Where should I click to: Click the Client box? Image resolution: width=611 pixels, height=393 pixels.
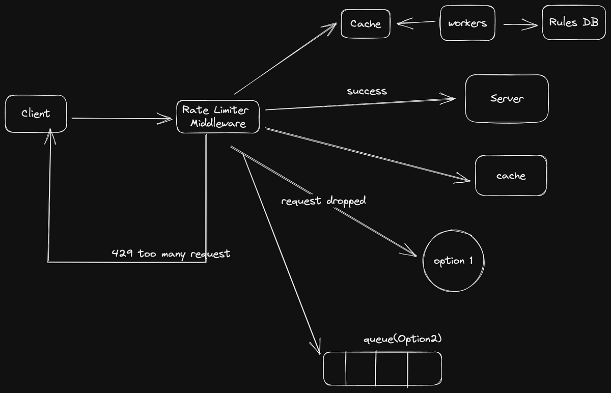click(x=36, y=114)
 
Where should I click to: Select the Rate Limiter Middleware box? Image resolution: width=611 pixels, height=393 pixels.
click(x=217, y=117)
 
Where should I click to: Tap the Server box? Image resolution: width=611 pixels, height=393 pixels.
click(x=507, y=98)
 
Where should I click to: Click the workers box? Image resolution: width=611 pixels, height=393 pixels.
click(x=467, y=23)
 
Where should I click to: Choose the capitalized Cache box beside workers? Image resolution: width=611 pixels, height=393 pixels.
click(x=366, y=23)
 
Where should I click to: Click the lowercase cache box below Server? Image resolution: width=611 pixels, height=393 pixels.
click(x=511, y=176)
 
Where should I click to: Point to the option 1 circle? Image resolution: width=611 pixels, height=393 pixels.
click(x=453, y=261)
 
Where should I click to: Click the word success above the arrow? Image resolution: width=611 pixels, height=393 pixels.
click(x=367, y=91)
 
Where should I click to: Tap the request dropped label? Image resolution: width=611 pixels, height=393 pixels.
click(x=323, y=201)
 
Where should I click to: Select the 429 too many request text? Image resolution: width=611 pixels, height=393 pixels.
click(x=171, y=253)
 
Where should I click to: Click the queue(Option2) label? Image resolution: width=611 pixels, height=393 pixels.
click(x=402, y=340)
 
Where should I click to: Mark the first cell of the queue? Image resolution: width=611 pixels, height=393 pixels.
click(x=335, y=368)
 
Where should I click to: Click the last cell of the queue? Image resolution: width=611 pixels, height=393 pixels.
click(x=425, y=368)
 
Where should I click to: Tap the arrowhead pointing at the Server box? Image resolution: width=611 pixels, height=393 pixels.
click(x=451, y=99)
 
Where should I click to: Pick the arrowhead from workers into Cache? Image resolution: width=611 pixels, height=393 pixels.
click(x=401, y=23)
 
